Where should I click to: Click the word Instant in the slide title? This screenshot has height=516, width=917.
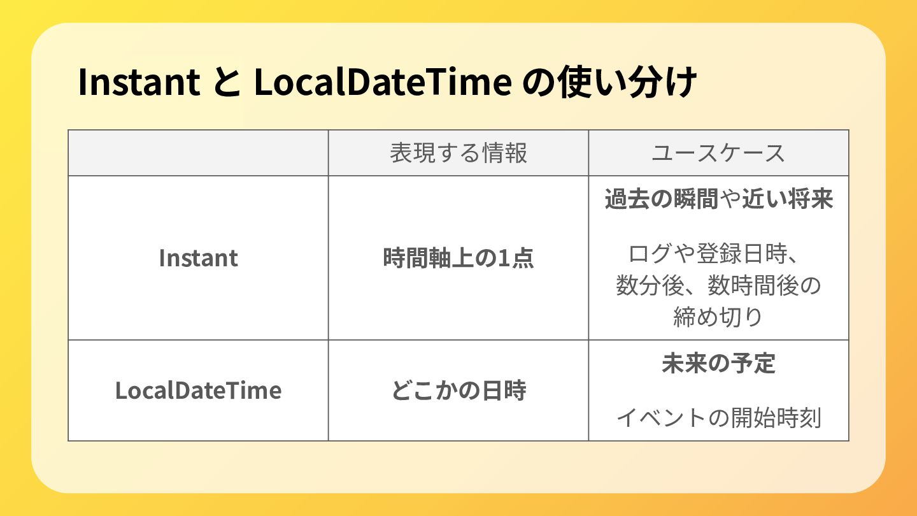click(x=139, y=82)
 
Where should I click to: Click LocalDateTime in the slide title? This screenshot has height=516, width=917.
click(x=383, y=82)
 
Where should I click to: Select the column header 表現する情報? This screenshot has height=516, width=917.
click(x=458, y=153)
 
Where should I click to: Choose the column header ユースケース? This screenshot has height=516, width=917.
click(x=718, y=153)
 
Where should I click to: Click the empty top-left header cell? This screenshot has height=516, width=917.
click(x=198, y=153)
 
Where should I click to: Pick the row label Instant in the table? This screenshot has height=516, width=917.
click(x=198, y=258)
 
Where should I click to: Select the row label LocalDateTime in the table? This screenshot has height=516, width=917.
click(x=198, y=391)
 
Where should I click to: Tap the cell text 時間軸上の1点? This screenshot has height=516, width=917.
click(x=458, y=258)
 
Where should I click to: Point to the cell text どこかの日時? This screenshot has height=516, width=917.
click(x=458, y=391)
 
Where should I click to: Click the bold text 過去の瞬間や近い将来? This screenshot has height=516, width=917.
click(x=719, y=199)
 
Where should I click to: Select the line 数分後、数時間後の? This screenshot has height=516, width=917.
click(x=719, y=285)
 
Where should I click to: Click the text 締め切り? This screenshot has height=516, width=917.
click(x=718, y=317)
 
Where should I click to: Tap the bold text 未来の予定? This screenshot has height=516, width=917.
click(x=719, y=363)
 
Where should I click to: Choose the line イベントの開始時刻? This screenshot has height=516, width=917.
click(x=719, y=418)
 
